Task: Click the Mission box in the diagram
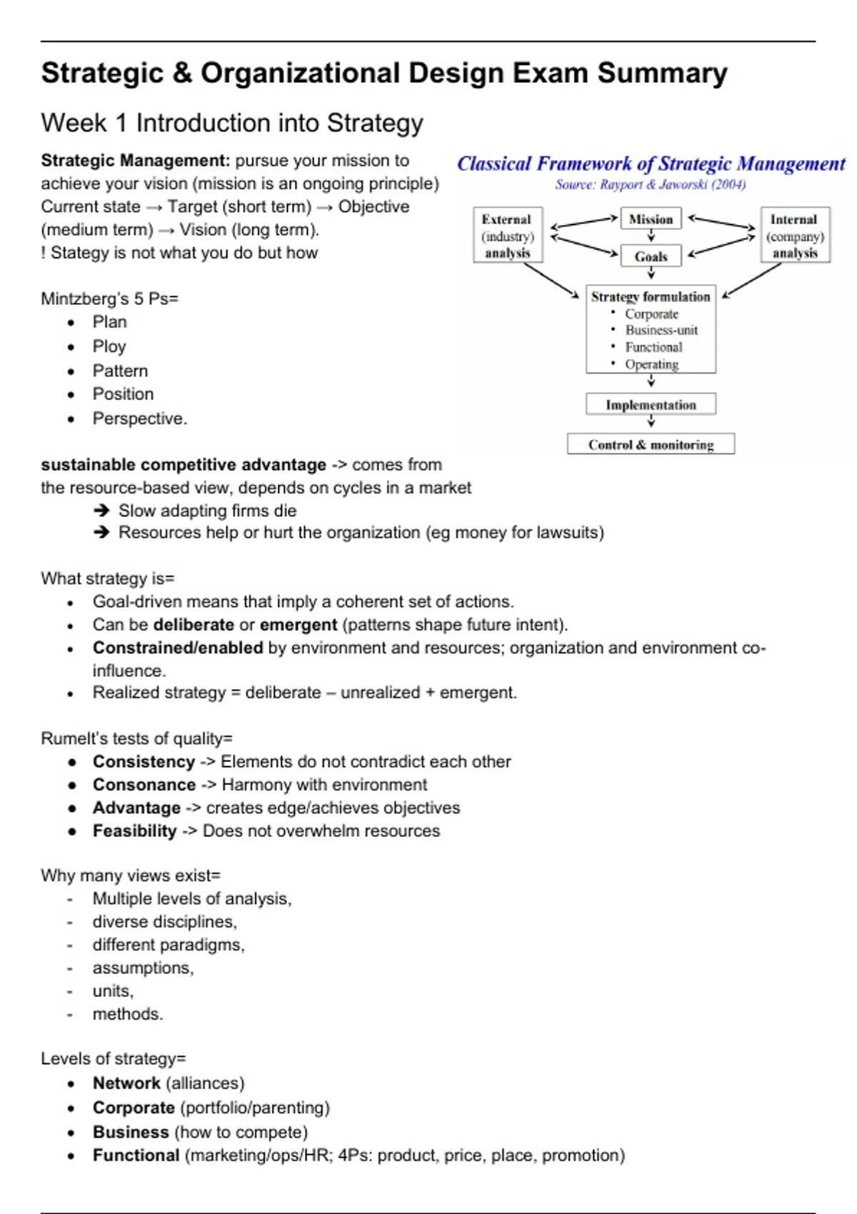point(651,219)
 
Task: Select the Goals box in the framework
point(651,256)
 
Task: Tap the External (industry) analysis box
point(507,236)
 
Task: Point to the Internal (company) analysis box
point(795,236)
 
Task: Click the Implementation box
point(651,405)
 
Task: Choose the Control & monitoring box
point(651,445)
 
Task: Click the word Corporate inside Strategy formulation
point(651,314)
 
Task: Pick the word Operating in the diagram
point(651,364)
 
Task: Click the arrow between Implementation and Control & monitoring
point(651,423)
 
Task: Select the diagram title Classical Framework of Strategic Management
point(651,164)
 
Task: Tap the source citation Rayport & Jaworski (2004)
point(651,185)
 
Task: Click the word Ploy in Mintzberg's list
point(109,346)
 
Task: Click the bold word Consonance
point(144,785)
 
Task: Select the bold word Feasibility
point(135,831)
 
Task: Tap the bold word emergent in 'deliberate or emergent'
point(298,625)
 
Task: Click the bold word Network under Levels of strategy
point(126,1083)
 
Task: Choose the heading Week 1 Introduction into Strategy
point(232,123)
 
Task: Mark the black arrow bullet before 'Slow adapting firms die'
point(101,511)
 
